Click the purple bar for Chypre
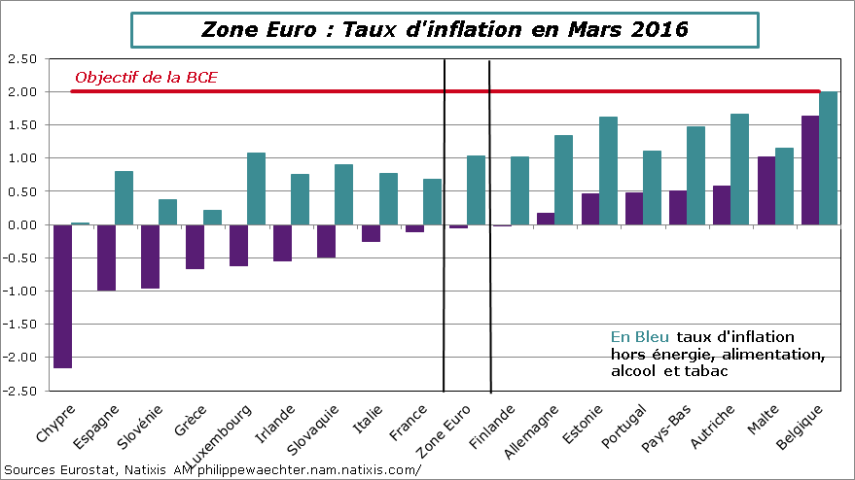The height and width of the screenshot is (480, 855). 62,295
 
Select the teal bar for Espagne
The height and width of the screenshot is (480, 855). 124,197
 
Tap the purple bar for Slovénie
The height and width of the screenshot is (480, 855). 150,257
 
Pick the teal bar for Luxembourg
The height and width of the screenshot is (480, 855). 256,189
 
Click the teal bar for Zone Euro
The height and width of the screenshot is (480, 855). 476,189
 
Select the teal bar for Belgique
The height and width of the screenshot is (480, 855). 828,157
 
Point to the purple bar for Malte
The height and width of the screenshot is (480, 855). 766,190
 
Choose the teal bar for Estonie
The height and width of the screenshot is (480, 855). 608,170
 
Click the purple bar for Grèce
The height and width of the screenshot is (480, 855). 195,247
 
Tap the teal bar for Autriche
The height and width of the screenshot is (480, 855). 739,169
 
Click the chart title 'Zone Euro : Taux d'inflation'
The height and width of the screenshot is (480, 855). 444,29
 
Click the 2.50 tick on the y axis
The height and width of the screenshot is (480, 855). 21,59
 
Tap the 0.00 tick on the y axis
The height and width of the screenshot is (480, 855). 21,224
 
